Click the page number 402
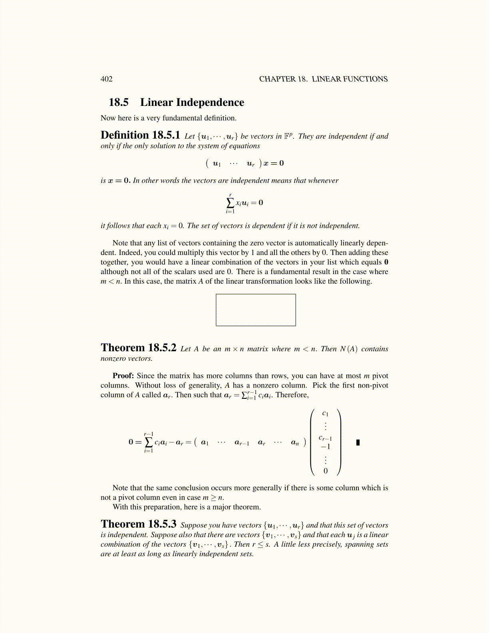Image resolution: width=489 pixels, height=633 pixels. click(x=107, y=79)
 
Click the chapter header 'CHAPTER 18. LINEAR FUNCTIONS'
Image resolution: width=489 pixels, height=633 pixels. click(x=323, y=79)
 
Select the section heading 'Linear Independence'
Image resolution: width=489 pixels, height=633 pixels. click(x=192, y=103)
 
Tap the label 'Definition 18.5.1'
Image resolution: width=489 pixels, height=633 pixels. click(x=140, y=135)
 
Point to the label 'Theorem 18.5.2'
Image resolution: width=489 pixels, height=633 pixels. click(x=138, y=348)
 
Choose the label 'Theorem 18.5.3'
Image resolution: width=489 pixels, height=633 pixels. click(x=138, y=524)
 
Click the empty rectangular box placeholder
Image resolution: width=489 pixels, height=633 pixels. click(x=256, y=310)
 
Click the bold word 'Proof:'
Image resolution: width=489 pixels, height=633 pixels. click(x=123, y=376)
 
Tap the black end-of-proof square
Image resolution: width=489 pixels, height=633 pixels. click(x=358, y=442)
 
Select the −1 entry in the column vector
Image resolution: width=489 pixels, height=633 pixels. click(x=326, y=447)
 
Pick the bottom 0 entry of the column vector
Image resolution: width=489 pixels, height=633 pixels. click(x=326, y=471)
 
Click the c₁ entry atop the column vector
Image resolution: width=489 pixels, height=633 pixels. click(x=326, y=414)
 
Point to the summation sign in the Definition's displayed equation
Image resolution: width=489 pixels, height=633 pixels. click(x=230, y=202)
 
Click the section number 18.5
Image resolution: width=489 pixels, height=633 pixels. click(x=119, y=103)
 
